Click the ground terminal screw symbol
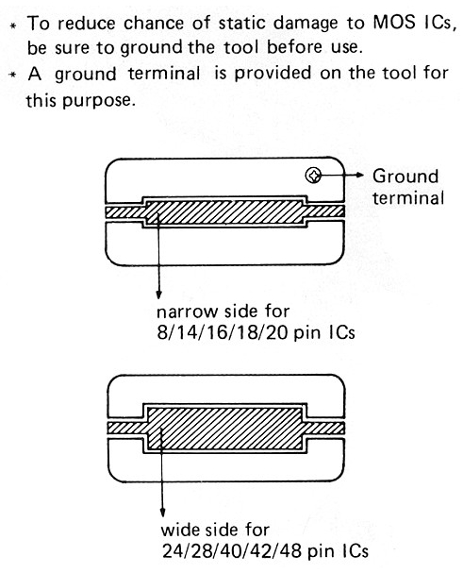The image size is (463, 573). pos(313,176)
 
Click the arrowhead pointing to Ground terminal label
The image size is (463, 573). pos(359,175)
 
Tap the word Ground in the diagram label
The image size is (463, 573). pos(405,177)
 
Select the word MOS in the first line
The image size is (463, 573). pos(394,23)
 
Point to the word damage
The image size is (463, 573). pos(306,25)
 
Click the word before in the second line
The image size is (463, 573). pos(294,47)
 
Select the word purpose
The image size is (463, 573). pos(97,101)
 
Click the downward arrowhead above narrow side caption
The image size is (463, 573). pos(158,295)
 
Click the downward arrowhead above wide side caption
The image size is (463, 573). pos(163,513)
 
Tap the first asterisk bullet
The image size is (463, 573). pos(13,25)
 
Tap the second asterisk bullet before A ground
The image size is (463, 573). pos(13,75)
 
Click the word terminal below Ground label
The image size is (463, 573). pos(408,198)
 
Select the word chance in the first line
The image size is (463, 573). pos(154,24)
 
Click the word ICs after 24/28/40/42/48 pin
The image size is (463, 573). pos(356,551)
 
